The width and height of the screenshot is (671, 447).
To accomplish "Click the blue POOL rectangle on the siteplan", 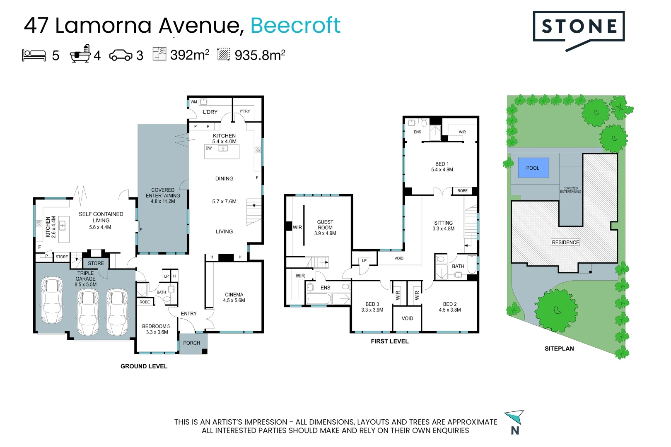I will click(x=533, y=168).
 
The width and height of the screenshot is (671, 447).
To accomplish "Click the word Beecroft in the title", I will click(x=295, y=25).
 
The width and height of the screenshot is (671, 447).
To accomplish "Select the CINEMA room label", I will click(x=234, y=295).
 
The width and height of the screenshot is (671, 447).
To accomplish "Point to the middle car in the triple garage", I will click(x=88, y=312).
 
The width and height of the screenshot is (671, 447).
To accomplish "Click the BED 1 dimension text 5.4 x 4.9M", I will click(x=442, y=170).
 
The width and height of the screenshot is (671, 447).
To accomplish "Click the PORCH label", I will click(x=191, y=343).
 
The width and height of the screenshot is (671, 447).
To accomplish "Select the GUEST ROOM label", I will click(x=325, y=225).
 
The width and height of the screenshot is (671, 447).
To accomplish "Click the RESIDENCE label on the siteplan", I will click(x=565, y=243).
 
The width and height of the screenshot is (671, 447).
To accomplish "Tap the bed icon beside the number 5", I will click(x=34, y=55).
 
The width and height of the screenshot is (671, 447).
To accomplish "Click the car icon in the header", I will click(x=121, y=55).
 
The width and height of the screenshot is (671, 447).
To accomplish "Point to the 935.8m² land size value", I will click(x=260, y=55).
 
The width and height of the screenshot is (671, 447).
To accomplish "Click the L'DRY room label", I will click(x=210, y=112).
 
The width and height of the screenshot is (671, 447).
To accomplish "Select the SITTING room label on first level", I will click(x=443, y=223).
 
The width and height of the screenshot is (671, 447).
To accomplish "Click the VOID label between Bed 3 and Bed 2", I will click(x=407, y=318).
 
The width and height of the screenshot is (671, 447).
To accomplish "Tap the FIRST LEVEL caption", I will click(x=389, y=341).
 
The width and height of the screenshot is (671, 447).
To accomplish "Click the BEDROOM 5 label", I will click(x=156, y=327).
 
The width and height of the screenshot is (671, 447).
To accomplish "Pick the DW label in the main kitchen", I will click(x=208, y=148).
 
